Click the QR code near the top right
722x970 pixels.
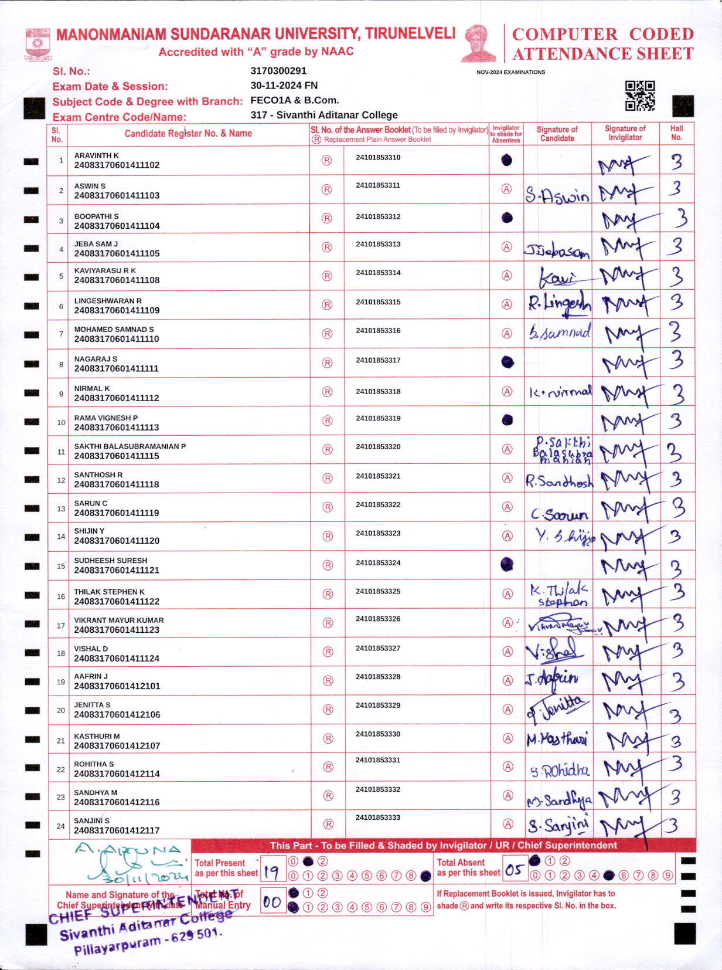[x=639, y=96]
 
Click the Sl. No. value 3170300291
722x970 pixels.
[x=278, y=71]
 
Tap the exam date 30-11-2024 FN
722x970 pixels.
[x=284, y=86]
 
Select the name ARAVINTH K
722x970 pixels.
[x=96, y=155]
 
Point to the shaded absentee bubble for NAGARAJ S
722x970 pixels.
[x=508, y=362]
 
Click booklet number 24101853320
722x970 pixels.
[x=378, y=447]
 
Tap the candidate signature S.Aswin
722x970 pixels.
[x=557, y=195]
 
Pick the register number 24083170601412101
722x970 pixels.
[x=117, y=686]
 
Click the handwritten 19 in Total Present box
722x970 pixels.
[x=271, y=872]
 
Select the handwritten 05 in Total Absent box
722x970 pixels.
[x=514, y=870]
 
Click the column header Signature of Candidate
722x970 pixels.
[x=557, y=134]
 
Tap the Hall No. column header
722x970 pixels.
[x=676, y=133]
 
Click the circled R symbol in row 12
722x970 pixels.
[x=328, y=479]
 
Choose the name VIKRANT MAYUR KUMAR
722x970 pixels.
[x=119, y=620]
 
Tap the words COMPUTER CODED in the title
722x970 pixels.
[x=602, y=34]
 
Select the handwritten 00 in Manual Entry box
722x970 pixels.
[x=271, y=901]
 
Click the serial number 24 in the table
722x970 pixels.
[x=61, y=826]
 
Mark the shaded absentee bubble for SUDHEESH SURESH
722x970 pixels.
[x=507, y=564]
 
